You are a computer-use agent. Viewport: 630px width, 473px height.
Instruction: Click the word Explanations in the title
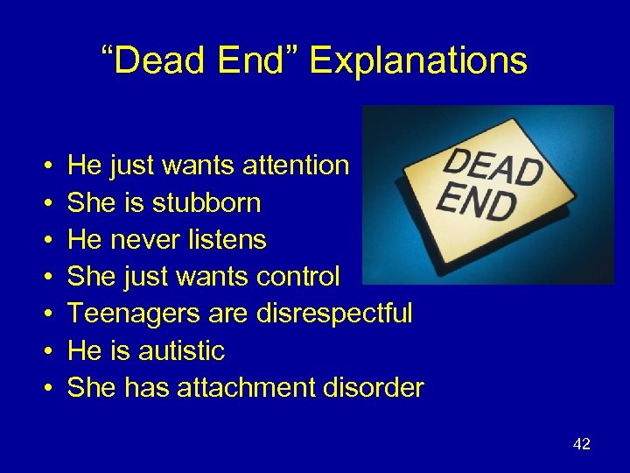pos(418,61)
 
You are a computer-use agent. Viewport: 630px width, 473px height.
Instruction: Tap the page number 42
pos(582,444)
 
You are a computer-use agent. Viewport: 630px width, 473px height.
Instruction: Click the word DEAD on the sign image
pos(492,166)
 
